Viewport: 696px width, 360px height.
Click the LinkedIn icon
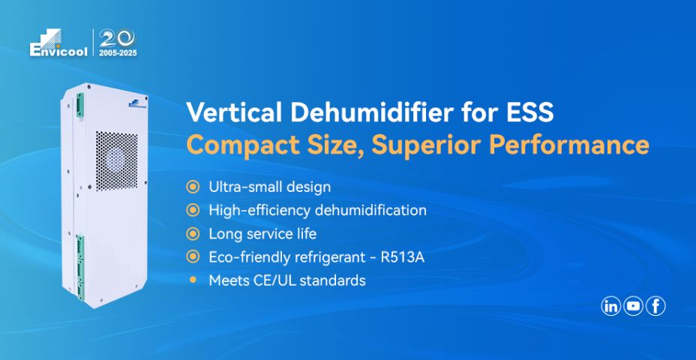click(610, 306)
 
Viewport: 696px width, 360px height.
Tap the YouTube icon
click(633, 306)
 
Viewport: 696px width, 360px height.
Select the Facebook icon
click(655, 306)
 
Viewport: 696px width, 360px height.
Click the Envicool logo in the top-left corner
click(58, 43)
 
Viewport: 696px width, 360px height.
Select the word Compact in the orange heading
click(232, 144)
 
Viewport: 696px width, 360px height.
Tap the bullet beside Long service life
click(193, 233)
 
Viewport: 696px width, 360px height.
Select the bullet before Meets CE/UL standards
click(193, 280)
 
